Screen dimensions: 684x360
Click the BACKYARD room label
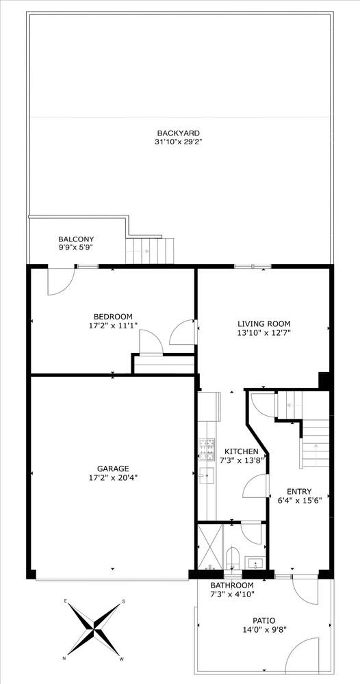(x=179, y=133)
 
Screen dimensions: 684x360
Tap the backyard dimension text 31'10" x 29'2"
(x=179, y=142)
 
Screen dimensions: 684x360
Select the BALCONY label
(x=76, y=239)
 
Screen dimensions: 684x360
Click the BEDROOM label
(x=113, y=317)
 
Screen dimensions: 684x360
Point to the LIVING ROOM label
(x=264, y=324)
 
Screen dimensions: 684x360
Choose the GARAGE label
(x=113, y=469)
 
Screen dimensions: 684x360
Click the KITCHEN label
(x=242, y=451)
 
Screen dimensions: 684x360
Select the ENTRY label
(x=299, y=491)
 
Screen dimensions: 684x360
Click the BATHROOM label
(x=231, y=586)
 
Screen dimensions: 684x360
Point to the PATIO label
(x=264, y=620)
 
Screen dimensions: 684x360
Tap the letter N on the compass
(x=65, y=658)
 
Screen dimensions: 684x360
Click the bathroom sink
(x=255, y=563)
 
